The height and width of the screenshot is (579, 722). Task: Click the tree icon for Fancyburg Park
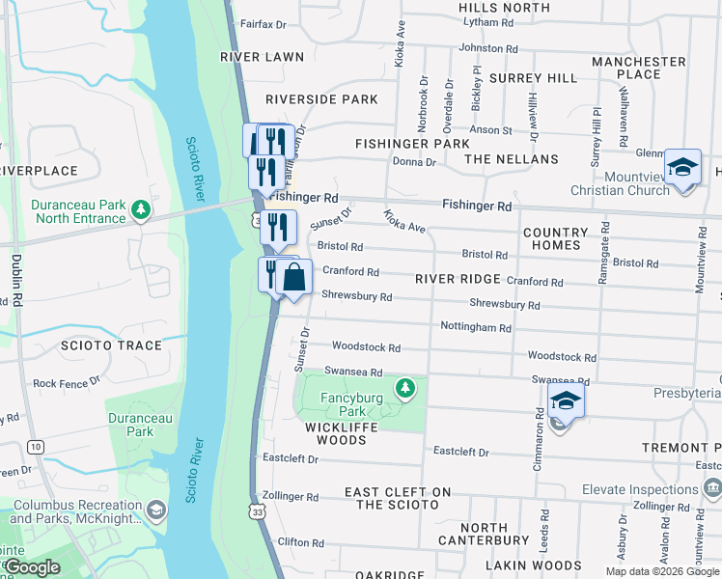point(406,388)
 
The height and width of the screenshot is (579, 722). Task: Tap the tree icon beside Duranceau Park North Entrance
point(142,209)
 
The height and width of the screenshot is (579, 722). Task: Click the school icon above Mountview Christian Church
point(682,168)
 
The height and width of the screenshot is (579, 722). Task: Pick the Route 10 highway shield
point(36,447)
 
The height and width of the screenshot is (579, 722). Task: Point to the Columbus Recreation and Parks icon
point(156,509)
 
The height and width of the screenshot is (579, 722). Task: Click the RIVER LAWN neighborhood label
point(263,57)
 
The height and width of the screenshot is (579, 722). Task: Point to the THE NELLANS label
point(511,159)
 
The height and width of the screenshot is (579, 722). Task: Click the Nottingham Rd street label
point(475,328)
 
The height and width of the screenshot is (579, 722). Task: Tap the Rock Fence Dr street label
point(66,383)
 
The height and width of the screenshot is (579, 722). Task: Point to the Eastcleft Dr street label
point(460,452)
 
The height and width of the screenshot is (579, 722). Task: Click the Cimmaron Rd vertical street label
point(539,439)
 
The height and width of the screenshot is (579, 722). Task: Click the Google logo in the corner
point(33,567)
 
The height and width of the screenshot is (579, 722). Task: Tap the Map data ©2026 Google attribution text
point(661,571)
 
